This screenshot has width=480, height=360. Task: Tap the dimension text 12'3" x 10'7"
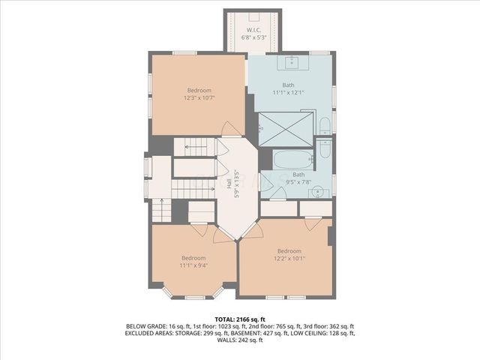coord(199,97)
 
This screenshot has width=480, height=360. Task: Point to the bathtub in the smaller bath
coord(292,159)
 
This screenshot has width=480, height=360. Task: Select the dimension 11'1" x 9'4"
coord(193,265)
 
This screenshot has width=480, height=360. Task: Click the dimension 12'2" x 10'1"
coord(289,258)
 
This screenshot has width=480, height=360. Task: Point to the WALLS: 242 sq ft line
coord(239,340)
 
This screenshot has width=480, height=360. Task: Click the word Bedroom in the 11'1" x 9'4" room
coord(193,257)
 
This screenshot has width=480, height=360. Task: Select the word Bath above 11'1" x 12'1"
coord(289,84)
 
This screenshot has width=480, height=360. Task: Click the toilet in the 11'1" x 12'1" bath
coord(324,125)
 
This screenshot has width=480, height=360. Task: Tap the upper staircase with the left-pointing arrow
coord(196,147)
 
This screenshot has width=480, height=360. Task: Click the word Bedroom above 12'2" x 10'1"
coord(289,250)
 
